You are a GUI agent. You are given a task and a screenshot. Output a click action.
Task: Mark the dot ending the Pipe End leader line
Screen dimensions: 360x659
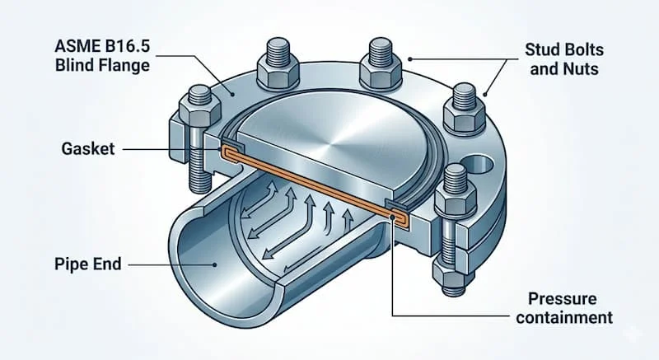click(213, 265)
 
